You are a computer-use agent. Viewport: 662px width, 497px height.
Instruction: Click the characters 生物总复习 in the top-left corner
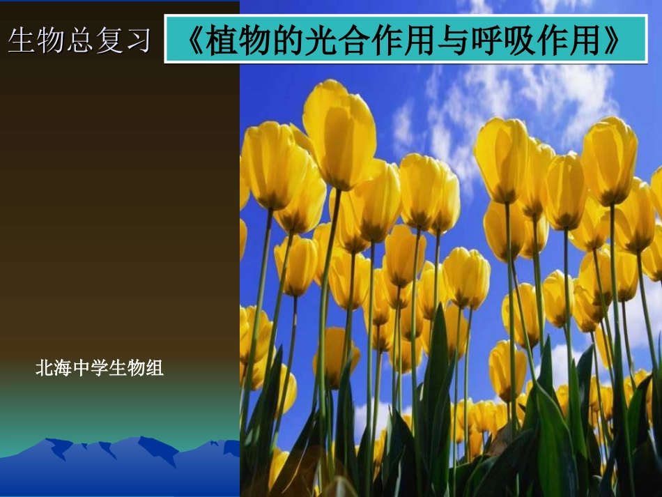[x=79, y=41]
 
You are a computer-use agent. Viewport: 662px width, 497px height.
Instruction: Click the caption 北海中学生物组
[x=100, y=368]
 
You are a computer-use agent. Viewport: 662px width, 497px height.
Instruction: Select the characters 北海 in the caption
[x=54, y=368]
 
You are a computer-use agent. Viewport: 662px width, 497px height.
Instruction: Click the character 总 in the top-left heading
[x=79, y=41]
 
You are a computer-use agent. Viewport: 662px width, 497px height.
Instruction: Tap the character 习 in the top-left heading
[x=138, y=41]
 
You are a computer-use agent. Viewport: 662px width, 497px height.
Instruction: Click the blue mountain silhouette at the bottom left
[x=118, y=453]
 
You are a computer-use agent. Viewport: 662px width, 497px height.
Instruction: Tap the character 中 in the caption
[x=82, y=368]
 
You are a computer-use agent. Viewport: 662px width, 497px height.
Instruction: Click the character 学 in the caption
[x=100, y=368]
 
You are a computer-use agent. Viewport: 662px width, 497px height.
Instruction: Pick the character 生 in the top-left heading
[x=21, y=41]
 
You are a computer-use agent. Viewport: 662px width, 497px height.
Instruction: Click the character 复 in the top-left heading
[x=109, y=41]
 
